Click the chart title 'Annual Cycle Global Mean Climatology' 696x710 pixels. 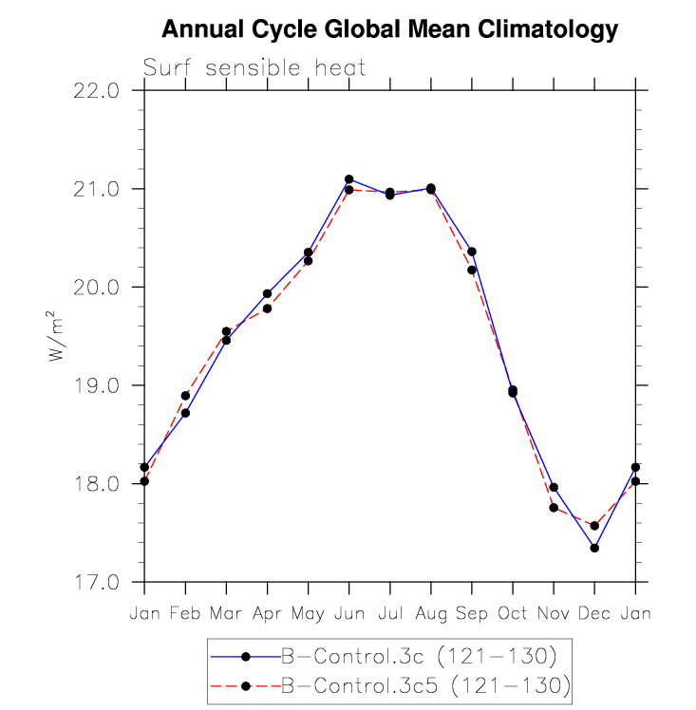[x=389, y=30]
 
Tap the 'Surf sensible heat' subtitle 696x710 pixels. [x=254, y=68]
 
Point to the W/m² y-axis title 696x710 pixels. [x=56, y=336]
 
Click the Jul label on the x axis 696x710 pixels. [x=389, y=613]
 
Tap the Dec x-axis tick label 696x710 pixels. [x=594, y=613]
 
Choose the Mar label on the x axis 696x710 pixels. [x=226, y=613]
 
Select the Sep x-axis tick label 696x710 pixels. [x=472, y=613]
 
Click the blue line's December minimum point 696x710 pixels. [x=594, y=548]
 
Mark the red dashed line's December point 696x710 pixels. [x=594, y=526]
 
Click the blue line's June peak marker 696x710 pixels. [x=348, y=179]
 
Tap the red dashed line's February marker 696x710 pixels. [x=185, y=396]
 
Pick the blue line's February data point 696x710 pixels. [x=185, y=413]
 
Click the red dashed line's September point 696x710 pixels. [x=472, y=271]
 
